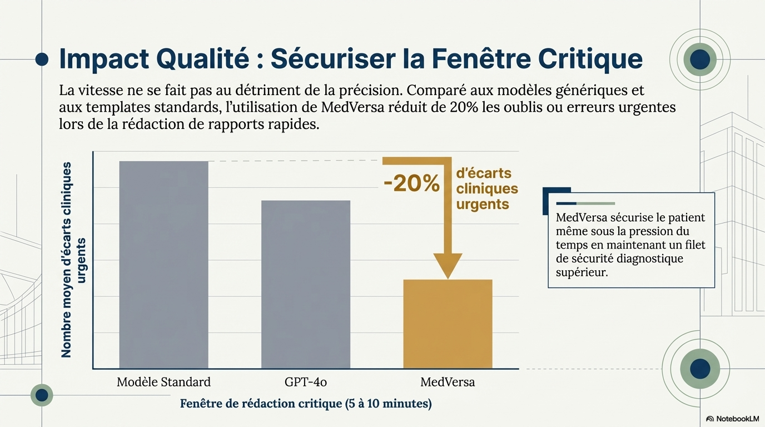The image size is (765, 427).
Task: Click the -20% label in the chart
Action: point(411,183)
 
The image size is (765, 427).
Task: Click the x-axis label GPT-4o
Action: point(306,383)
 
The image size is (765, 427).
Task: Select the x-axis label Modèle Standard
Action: point(163,383)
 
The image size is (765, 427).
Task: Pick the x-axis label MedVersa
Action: point(448,383)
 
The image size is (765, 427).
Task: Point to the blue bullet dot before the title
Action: point(42,59)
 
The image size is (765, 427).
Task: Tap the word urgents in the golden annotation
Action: point(483,204)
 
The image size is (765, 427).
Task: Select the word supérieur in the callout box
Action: point(582,273)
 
